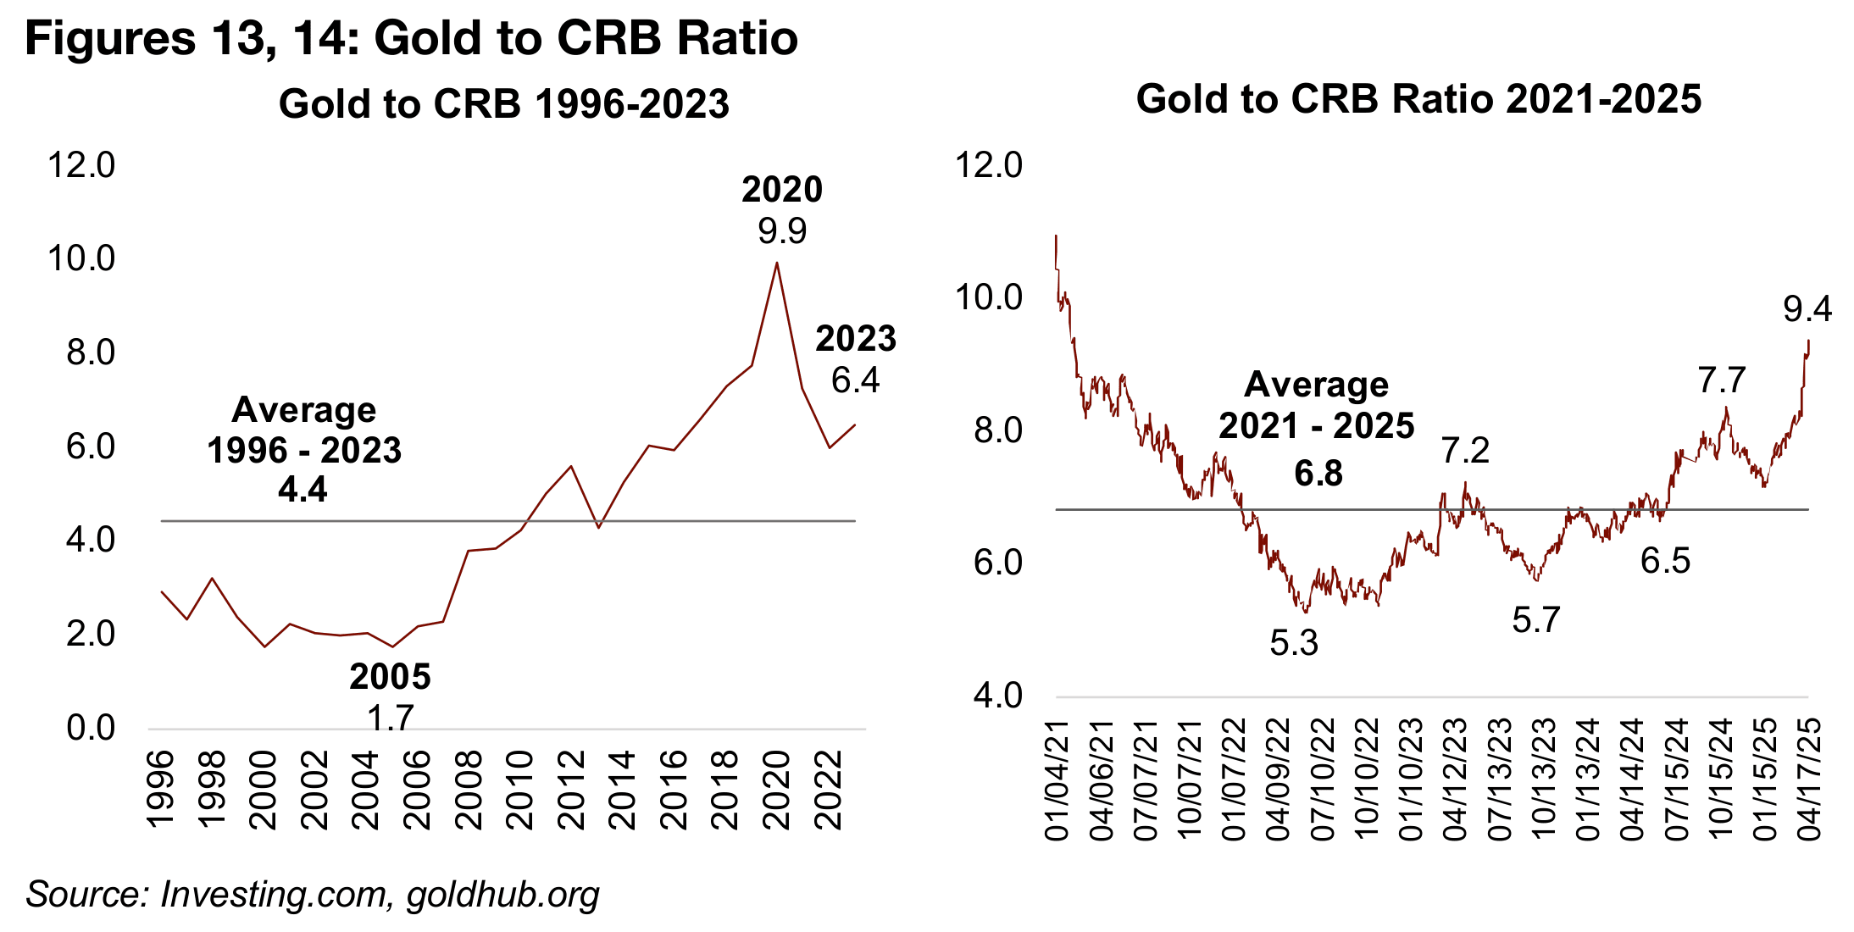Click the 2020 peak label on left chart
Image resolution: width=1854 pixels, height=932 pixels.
pyautogui.click(x=782, y=190)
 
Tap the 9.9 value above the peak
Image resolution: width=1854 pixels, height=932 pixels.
pyautogui.click(x=782, y=230)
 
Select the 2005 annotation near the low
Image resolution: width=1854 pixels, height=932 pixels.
pyautogui.click(x=390, y=677)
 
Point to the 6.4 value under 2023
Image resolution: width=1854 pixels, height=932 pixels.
pyautogui.click(x=855, y=380)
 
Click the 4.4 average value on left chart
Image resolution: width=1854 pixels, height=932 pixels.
pyautogui.click(x=303, y=490)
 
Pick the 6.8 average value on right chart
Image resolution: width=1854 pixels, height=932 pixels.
pyautogui.click(x=1318, y=473)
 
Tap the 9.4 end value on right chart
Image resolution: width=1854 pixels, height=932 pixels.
pyautogui.click(x=1807, y=309)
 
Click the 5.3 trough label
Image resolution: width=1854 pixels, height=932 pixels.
pyautogui.click(x=1294, y=643)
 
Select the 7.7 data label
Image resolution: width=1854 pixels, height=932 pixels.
pyautogui.click(x=1722, y=380)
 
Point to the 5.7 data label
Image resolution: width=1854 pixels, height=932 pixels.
pyautogui.click(x=1535, y=620)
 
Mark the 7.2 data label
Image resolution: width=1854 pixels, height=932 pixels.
pyautogui.click(x=1465, y=451)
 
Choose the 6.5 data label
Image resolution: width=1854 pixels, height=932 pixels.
pyautogui.click(x=1665, y=561)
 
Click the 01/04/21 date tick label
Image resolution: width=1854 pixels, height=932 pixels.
pyautogui.click(x=1057, y=779)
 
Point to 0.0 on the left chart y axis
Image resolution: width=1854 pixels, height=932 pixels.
pyautogui.click(x=91, y=728)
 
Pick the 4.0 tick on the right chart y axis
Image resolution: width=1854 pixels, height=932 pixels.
pyautogui.click(x=997, y=696)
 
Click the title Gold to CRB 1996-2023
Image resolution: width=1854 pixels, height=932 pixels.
pyautogui.click(x=503, y=104)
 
